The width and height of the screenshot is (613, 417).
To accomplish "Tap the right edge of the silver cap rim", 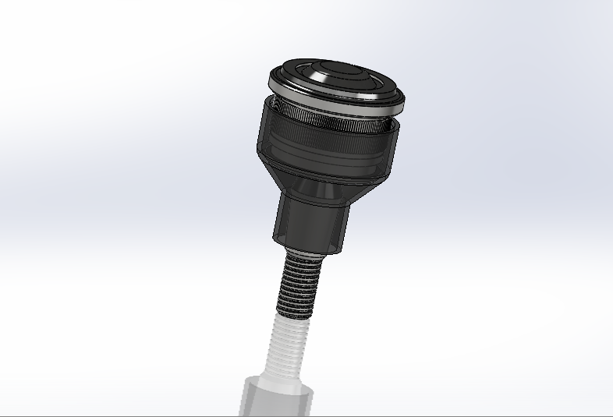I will (x=404, y=98).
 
